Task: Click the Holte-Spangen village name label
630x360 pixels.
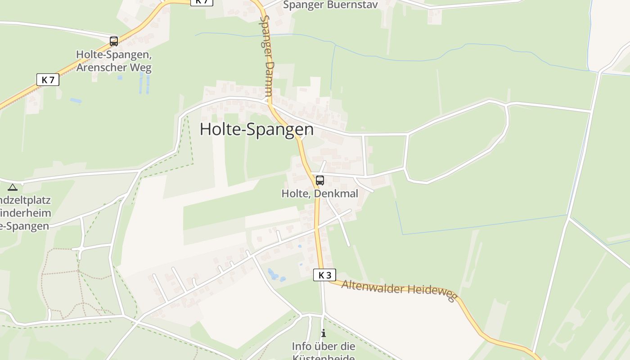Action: point(256,129)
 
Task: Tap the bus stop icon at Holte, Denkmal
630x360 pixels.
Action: point(320,180)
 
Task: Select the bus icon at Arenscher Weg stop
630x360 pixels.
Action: point(114,41)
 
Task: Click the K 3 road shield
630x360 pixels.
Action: point(324,275)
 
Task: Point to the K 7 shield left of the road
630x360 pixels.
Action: point(48,80)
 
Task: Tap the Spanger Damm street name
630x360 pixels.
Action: point(267,56)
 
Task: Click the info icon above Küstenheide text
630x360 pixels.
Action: point(323,333)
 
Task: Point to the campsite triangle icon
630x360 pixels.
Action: point(13,187)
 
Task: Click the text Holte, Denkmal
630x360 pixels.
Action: point(320,193)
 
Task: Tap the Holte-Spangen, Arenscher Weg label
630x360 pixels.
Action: point(114,61)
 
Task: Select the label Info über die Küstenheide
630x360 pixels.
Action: point(324,351)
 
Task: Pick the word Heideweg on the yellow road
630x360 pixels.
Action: point(432,293)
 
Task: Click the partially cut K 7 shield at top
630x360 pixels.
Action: point(202,2)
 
